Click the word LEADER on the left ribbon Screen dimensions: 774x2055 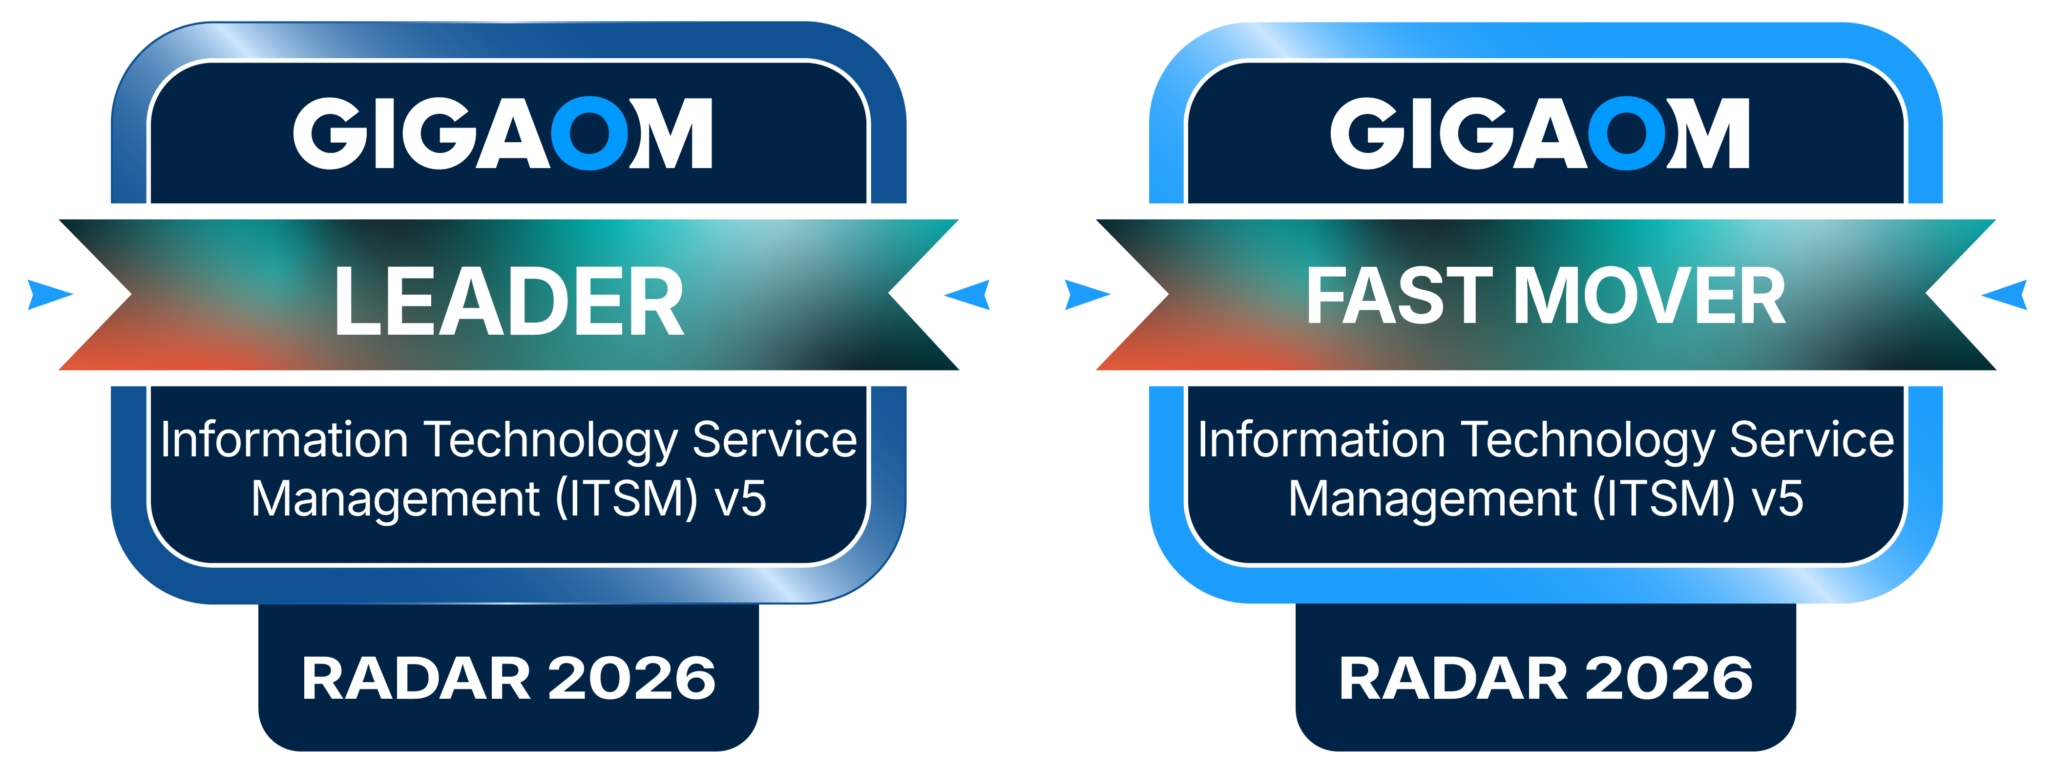(509, 301)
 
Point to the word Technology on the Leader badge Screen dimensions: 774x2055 (550, 440)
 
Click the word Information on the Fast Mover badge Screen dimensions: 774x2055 (1321, 440)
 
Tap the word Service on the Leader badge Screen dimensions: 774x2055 (775, 440)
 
